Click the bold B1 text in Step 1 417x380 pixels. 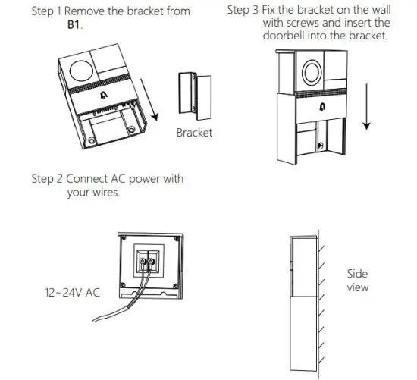[74, 25]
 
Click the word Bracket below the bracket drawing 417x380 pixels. [194, 133]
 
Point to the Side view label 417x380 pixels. [357, 281]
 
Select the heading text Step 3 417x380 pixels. [243, 11]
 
